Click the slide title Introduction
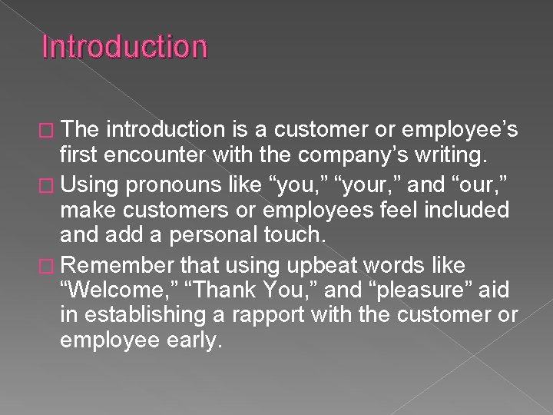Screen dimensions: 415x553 click(x=124, y=48)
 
